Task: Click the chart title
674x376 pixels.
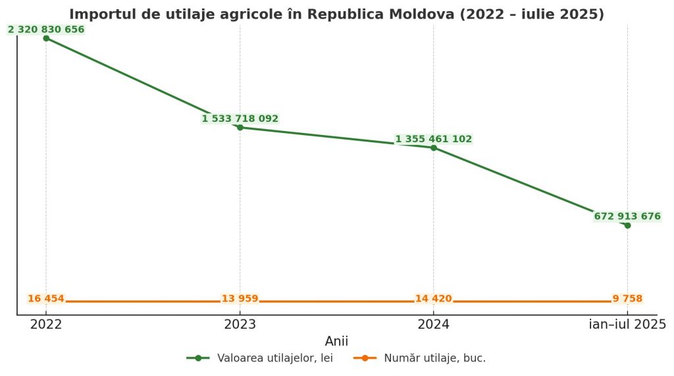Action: tap(336, 14)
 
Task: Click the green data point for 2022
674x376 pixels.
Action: tap(46, 38)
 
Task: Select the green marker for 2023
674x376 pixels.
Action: tap(240, 127)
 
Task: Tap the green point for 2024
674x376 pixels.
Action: tap(434, 148)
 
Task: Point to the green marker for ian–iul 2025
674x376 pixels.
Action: tap(627, 225)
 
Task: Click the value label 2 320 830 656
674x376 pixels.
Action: tap(46, 29)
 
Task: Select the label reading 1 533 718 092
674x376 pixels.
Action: tap(240, 119)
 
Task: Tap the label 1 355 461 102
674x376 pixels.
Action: tap(434, 139)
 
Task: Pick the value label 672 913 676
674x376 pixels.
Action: tap(627, 216)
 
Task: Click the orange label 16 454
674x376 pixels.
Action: tap(46, 299)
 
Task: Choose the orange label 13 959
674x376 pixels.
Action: tap(240, 299)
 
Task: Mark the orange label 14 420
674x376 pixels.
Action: tap(434, 299)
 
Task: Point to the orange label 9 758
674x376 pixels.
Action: tap(627, 299)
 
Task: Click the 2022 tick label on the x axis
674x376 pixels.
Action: tap(46, 324)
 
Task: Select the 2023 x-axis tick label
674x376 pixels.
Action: tap(240, 324)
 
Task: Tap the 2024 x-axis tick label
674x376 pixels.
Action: tap(434, 324)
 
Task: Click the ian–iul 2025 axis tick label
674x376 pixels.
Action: tap(627, 324)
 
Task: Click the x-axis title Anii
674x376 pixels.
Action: tap(336, 341)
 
